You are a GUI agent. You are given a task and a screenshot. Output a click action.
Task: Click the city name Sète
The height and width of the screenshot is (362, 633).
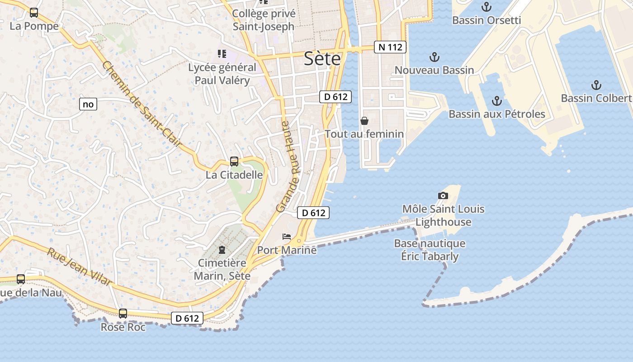pyautogui.click(x=322, y=58)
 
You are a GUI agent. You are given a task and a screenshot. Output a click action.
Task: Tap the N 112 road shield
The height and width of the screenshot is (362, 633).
pyautogui.click(x=390, y=47)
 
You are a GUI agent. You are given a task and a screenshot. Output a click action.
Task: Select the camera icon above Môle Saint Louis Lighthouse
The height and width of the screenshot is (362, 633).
pyautogui.click(x=443, y=195)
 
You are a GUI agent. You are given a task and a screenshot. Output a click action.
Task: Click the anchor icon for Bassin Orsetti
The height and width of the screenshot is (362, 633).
pyautogui.click(x=487, y=7)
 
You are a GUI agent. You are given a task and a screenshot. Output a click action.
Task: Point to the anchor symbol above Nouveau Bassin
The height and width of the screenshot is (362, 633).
pyautogui.click(x=434, y=57)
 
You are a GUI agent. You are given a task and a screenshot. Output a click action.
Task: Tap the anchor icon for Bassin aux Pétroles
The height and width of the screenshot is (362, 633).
pyautogui.click(x=497, y=100)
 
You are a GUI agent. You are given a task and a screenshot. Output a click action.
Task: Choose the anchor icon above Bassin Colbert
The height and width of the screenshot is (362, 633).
pyautogui.click(x=596, y=85)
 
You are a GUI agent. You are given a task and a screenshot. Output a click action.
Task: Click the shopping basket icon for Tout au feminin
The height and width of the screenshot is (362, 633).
pyautogui.click(x=364, y=121)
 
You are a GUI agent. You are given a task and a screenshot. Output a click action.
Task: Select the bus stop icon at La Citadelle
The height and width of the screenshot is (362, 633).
pyautogui.click(x=234, y=161)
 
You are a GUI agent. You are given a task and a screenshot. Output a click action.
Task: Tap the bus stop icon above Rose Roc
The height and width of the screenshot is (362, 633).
pyautogui.click(x=123, y=313)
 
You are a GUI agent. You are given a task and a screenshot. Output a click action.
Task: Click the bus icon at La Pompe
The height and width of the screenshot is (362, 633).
pyautogui.click(x=34, y=13)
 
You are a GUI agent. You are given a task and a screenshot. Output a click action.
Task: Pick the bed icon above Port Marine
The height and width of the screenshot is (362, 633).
pyautogui.click(x=287, y=237)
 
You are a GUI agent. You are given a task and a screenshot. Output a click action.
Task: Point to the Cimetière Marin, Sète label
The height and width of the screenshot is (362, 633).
pyautogui.click(x=222, y=269)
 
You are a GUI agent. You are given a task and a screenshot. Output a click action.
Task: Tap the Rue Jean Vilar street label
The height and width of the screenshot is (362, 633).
pyautogui.click(x=80, y=267)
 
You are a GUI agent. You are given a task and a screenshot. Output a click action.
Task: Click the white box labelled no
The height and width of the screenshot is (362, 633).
pyautogui.click(x=88, y=104)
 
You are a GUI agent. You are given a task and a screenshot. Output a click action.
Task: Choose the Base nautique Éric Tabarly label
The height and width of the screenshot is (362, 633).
pyautogui.click(x=430, y=250)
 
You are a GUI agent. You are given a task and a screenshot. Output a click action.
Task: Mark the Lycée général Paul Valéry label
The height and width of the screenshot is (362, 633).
pyautogui.click(x=222, y=74)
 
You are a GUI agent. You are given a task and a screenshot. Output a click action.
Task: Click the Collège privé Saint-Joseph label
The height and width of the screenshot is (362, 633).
pyautogui.click(x=264, y=20)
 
